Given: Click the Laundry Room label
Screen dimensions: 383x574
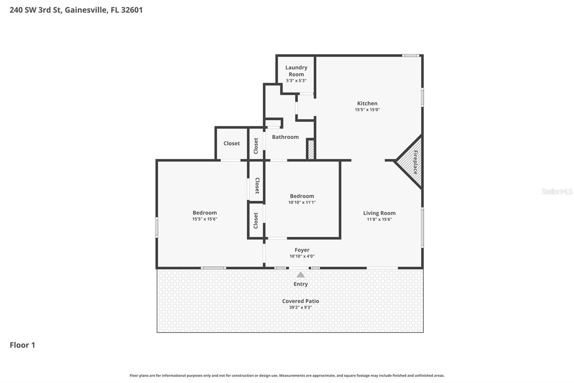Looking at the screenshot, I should tap(296, 71).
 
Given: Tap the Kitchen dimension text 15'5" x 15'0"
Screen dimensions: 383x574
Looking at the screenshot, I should tap(367, 110).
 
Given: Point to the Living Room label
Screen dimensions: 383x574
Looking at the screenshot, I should tap(379, 213).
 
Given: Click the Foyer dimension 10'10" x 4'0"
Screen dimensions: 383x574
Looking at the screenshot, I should tap(302, 256).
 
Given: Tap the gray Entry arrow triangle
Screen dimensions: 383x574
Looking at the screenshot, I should tap(301, 275).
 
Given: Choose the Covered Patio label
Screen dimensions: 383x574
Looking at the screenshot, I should tap(301, 301).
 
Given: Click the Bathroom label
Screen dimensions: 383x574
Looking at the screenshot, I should tap(285, 137).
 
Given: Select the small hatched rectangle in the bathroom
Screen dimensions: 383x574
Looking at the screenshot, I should tap(311, 149).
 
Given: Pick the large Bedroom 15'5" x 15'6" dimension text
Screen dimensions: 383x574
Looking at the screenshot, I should tap(204, 219).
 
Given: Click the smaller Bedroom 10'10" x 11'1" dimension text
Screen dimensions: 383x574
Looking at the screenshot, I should tap(302, 202).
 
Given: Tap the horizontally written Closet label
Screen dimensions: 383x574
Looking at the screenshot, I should tap(231, 143).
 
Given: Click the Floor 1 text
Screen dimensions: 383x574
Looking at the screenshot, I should tap(22, 345).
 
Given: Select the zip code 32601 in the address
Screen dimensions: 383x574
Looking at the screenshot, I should tap(132, 10).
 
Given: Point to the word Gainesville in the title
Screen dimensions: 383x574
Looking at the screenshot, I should tap(86, 10).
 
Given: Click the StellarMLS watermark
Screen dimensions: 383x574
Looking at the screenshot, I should tap(557, 191).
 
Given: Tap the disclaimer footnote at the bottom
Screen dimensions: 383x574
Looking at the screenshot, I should tap(287, 375).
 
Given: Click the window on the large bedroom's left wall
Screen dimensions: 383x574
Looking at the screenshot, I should tap(157, 227).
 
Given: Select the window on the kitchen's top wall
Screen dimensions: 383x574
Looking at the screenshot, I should tap(410, 55).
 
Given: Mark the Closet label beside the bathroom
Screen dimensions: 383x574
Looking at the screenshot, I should tap(256, 146).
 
